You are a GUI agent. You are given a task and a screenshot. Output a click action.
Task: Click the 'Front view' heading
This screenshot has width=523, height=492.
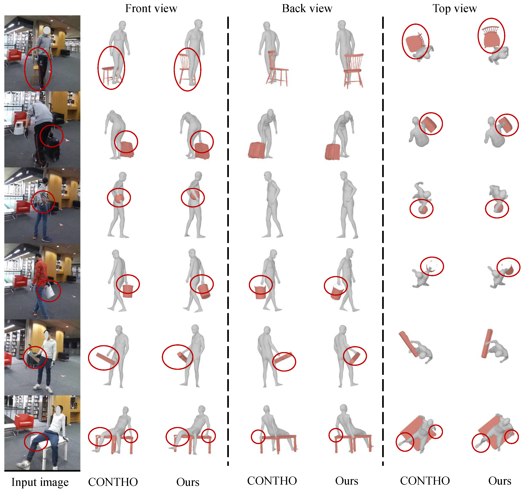pos(151,8)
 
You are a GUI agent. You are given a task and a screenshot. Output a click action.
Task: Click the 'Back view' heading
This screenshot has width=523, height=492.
pos(307,8)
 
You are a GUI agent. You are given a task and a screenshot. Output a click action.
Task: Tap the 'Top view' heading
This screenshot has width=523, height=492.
pos(455,9)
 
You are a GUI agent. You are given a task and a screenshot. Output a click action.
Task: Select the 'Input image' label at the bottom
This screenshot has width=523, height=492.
pos(40,482)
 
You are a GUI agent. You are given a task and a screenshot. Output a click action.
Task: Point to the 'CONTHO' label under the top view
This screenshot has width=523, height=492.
pos(425,481)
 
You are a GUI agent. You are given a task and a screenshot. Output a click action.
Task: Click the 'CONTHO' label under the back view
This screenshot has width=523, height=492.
pos(272,481)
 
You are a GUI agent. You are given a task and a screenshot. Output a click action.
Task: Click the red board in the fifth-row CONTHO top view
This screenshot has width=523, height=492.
pos(408,344)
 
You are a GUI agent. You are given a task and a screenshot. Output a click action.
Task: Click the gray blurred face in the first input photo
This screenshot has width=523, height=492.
pos(47,30)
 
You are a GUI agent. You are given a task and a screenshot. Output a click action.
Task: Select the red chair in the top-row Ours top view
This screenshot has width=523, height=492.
pos(491,37)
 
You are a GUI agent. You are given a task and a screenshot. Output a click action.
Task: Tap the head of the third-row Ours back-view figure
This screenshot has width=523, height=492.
pos(344,176)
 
